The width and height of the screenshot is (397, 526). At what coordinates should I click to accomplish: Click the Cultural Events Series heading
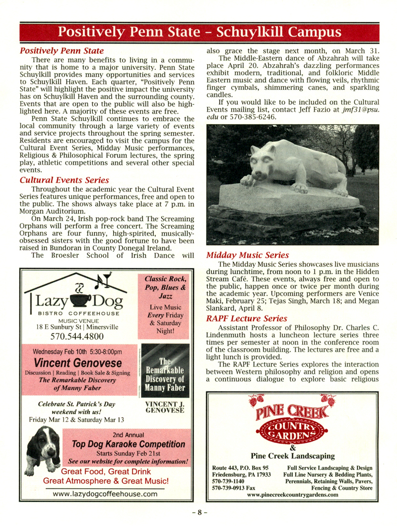coord(64,180)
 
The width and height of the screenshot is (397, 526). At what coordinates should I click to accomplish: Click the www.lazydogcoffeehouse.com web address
coord(105,494)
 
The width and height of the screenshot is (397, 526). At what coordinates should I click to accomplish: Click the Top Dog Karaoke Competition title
coord(129,444)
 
